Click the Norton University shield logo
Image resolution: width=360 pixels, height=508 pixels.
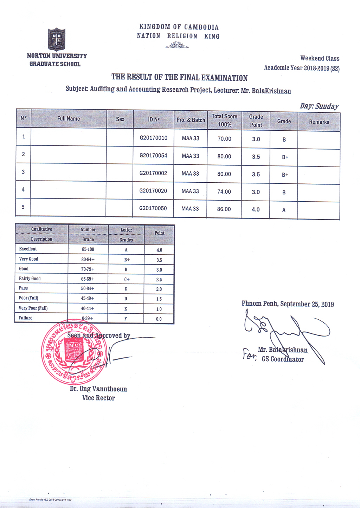click(x=56, y=39)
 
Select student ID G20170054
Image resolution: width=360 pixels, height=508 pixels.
click(x=153, y=155)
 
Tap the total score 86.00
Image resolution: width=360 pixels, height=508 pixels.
click(x=224, y=209)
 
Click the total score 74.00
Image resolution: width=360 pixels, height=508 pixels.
click(x=224, y=191)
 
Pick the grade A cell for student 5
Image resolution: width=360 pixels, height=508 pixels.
click(x=284, y=210)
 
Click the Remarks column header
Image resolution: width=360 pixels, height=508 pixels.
click(x=319, y=122)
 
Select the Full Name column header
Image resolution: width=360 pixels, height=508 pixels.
click(x=69, y=119)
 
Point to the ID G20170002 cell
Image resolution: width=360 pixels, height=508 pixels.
click(x=153, y=173)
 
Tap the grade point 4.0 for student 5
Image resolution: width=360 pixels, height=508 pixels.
click(x=256, y=209)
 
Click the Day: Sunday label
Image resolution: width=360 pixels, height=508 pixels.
click(x=319, y=106)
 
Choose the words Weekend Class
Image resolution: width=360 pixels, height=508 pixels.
click(x=320, y=58)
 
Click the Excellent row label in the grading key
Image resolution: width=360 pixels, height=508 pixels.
click(x=28, y=249)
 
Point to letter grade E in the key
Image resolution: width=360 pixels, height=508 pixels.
click(x=126, y=309)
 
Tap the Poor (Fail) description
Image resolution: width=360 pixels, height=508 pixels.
click(x=28, y=298)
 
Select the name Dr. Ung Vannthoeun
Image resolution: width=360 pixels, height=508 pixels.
click(x=98, y=389)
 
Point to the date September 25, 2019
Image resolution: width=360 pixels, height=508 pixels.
click(x=307, y=304)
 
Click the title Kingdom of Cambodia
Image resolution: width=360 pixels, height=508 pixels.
click(x=179, y=27)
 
